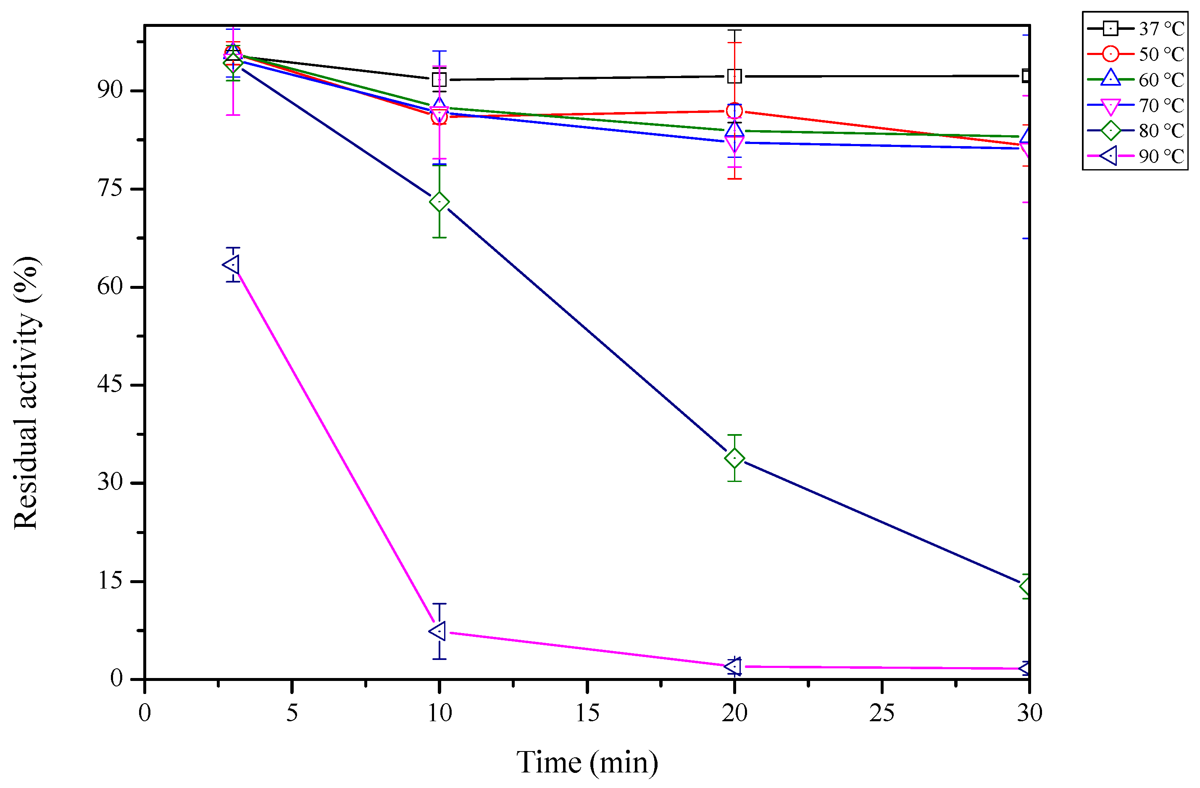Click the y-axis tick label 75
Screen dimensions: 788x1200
tap(110, 188)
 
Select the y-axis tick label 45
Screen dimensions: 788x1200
tap(110, 385)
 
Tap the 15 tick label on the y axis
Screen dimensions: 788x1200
tap(110, 581)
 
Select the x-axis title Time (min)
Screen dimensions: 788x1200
tap(587, 762)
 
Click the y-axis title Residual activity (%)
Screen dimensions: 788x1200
tap(26, 393)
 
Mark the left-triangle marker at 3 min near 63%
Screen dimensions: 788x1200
tap(232, 264)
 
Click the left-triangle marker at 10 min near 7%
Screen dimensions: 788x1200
tap(438, 631)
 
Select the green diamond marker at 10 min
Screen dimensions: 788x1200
tap(439, 202)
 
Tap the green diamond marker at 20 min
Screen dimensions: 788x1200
tap(734, 458)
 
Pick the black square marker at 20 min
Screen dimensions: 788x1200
tap(734, 76)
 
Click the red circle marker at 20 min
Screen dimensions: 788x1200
tap(734, 111)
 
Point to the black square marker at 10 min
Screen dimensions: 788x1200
tap(439, 80)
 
